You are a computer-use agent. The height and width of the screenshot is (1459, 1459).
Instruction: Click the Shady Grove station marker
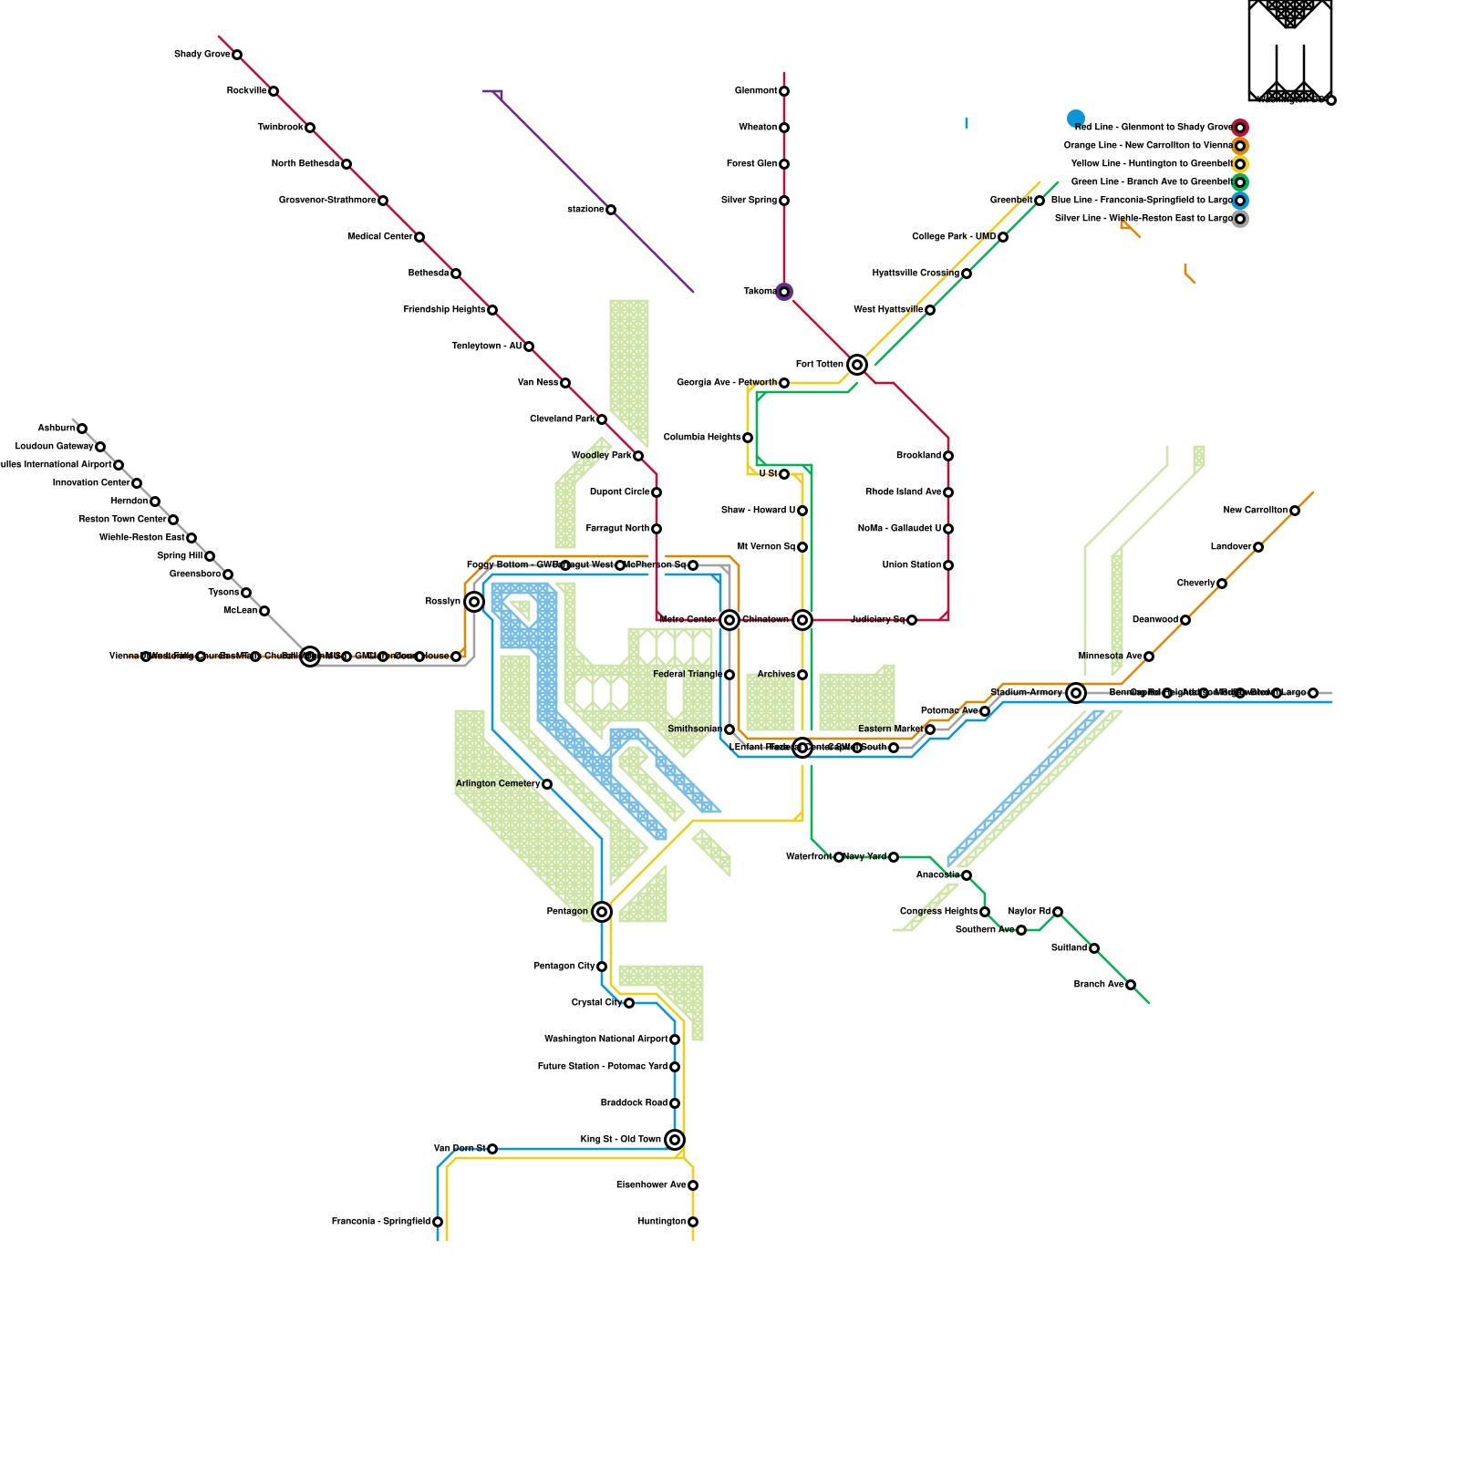point(237,55)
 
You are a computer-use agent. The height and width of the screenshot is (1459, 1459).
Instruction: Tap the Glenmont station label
point(756,91)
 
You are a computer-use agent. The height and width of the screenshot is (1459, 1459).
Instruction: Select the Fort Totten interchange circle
point(857,365)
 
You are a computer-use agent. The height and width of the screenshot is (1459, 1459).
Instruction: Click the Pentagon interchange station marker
point(602,912)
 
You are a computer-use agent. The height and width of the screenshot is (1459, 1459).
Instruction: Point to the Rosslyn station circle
point(474,602)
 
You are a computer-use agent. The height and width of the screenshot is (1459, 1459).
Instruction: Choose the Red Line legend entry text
point(1153,128)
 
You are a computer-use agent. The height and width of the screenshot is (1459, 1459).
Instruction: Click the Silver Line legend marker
point(1240,219)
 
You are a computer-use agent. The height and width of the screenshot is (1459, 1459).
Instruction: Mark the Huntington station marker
point(693,1222)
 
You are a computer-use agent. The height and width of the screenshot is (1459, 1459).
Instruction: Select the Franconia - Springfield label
point(381,1222)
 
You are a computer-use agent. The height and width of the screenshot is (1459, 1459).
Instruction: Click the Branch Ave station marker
point(1131,985)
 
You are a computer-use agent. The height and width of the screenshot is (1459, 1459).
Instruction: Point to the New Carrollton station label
point(1256,511)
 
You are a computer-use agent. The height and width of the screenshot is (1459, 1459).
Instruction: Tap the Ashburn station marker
point(82,429)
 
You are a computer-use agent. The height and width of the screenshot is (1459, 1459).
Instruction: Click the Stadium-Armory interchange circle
point(1076,693)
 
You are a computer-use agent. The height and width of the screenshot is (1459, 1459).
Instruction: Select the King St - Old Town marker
point(675,1140)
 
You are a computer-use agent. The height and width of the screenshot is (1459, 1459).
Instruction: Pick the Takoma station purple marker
point(784,292)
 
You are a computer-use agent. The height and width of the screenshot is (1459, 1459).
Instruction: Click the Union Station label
point(912,565)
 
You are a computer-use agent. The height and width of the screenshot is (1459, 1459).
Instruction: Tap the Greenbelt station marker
point(1040,201)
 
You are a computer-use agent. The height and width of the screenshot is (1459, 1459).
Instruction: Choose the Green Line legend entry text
point(1152,182)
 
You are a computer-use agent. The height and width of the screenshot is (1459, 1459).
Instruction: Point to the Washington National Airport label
point(606,1040)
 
